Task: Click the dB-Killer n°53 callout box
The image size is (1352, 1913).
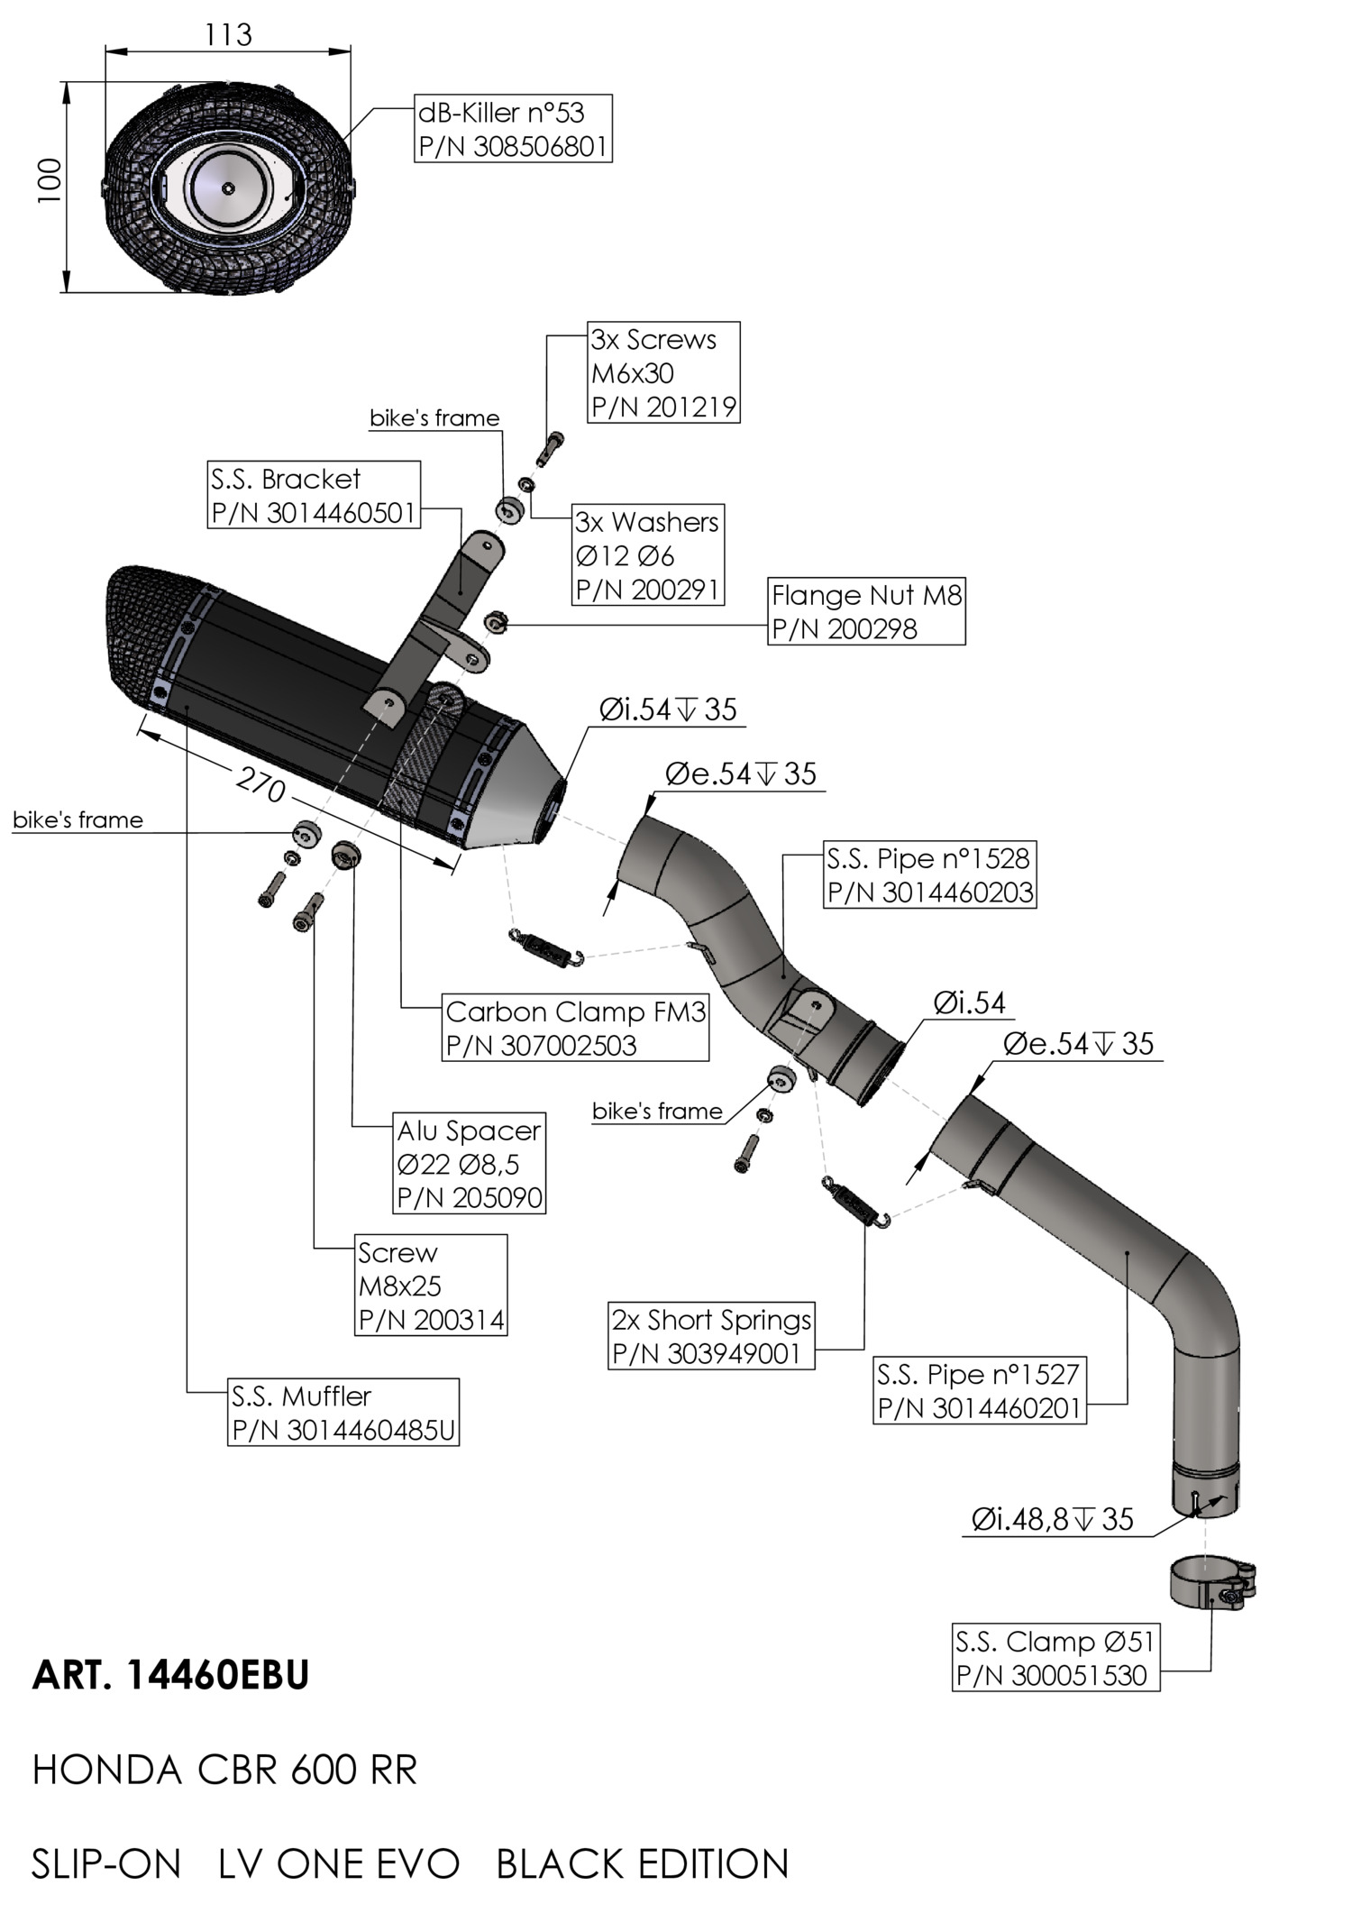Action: tap(513, 128)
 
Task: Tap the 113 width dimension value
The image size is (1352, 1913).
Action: tap(228, 35)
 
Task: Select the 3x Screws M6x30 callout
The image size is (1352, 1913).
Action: tap(663, 372)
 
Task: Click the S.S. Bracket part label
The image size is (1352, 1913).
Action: tap(314, 495)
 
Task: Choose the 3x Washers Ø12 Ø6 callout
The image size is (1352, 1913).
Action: tap(648, 554)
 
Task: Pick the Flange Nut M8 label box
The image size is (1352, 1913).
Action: tap(866, 611)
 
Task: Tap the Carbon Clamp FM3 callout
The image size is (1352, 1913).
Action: tap(575, 1028)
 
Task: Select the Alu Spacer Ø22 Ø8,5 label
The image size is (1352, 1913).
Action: tap(470, 1163)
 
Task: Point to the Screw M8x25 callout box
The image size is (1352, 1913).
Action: tap(431, 1286)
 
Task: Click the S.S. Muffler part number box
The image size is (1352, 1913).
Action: tap(343, 1412)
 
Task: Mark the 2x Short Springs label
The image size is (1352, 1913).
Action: tap(711, 1336)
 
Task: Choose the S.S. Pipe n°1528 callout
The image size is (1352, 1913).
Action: tap(929, 874)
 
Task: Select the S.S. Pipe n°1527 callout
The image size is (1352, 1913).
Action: tap(980, 1390)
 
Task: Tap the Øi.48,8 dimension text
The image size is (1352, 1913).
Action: tap(1052, 1520)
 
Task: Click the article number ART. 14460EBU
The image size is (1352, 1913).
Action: tap(171, 1675)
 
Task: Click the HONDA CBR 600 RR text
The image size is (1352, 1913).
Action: tap(225, 1771)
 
